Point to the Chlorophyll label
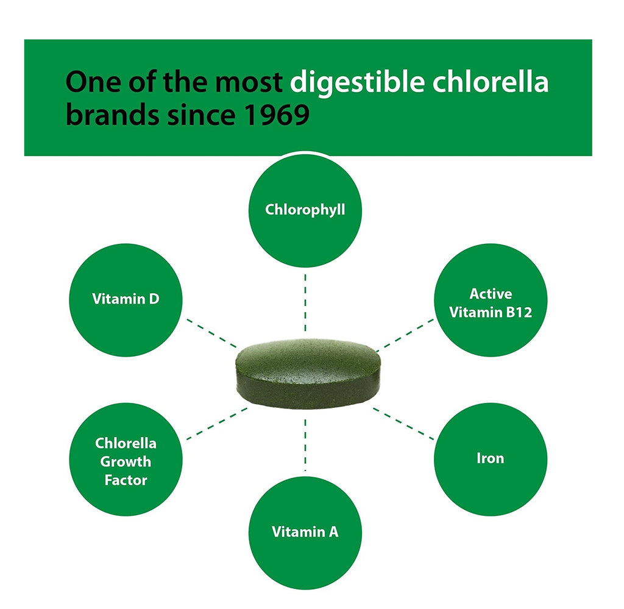point(305,210)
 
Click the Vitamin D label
point(126,299)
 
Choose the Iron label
point(490,458)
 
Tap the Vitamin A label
point(305,532)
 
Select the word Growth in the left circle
point(126,461)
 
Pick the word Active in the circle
point(491,294)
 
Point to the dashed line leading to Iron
point(402,422)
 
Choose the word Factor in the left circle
point(126,480)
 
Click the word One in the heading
point(91,81)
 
